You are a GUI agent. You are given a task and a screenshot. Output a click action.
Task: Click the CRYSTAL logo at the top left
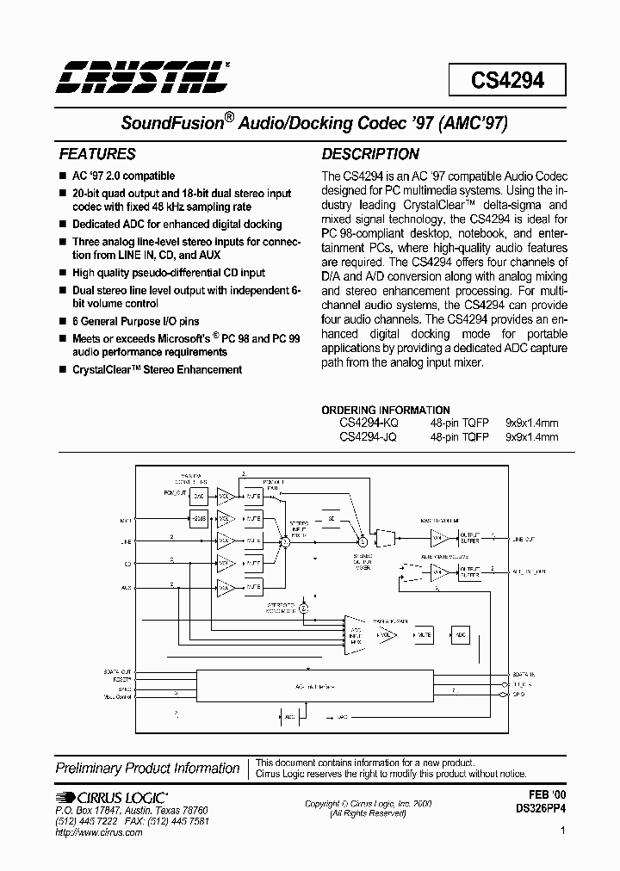(x=143, y=77)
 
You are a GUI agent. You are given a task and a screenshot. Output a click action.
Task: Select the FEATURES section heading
(x=96, y=155)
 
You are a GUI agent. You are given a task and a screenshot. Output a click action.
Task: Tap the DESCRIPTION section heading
(x=370, y=155)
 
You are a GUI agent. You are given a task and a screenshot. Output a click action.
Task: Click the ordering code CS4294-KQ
(x=369, y=423)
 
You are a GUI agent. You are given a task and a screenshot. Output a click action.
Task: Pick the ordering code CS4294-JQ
(x=368, y=436)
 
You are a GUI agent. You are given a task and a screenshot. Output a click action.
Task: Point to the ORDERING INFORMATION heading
(x=386, y=411)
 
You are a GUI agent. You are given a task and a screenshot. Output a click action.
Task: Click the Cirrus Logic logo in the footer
(x=113, y=798)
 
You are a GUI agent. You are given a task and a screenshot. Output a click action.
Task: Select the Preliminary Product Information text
(x=147, y=768)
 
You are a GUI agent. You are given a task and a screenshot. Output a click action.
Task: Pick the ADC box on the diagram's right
(x=461, y=634)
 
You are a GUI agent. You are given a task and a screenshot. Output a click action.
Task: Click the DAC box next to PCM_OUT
(x=199, y=496)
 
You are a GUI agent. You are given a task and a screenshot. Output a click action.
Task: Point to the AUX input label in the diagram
(x=126, y=587)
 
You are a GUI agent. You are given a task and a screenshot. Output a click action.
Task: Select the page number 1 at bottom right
(x=561, y=831)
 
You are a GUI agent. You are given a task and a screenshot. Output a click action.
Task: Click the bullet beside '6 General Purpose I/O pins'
(x=62, y=320)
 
